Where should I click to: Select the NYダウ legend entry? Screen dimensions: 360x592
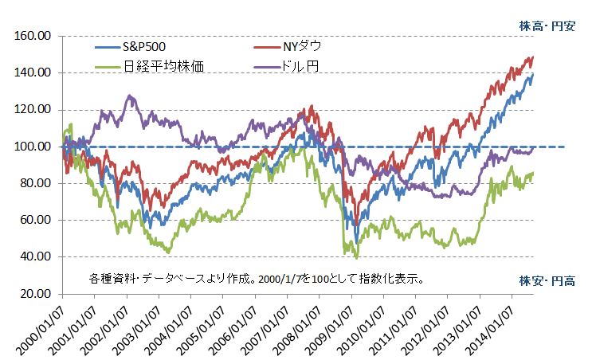[x=296, y=47]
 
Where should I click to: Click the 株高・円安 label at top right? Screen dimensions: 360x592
[x=547, y=25]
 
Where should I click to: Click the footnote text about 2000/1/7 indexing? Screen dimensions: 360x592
[x=256, y=280]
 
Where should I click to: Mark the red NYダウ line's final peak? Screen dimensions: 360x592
[x=532, y=57]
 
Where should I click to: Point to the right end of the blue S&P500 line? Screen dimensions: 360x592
[x=533, y=74]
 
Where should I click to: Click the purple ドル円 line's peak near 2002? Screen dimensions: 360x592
[x=129, y=96]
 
